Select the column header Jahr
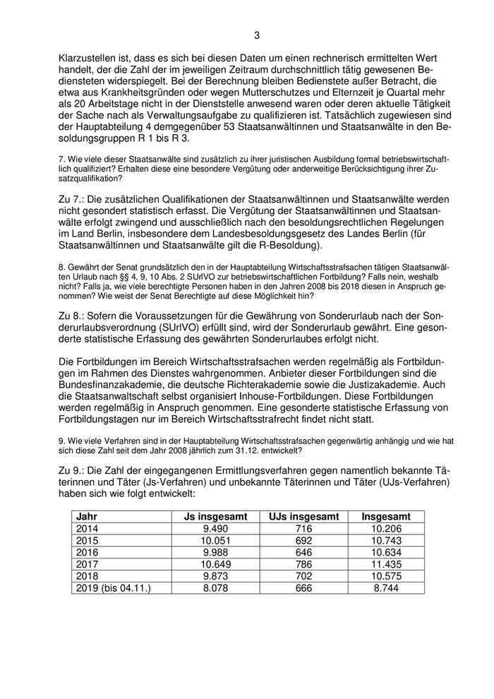(88, 517)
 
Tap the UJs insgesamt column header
(296, 517)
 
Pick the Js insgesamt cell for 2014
(212, 528)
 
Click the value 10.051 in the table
(212, 540)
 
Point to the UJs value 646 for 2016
(296, 551)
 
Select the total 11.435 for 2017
(385, 563)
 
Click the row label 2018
(88, 575)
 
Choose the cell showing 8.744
(385, 587)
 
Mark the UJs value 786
(296, 563)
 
